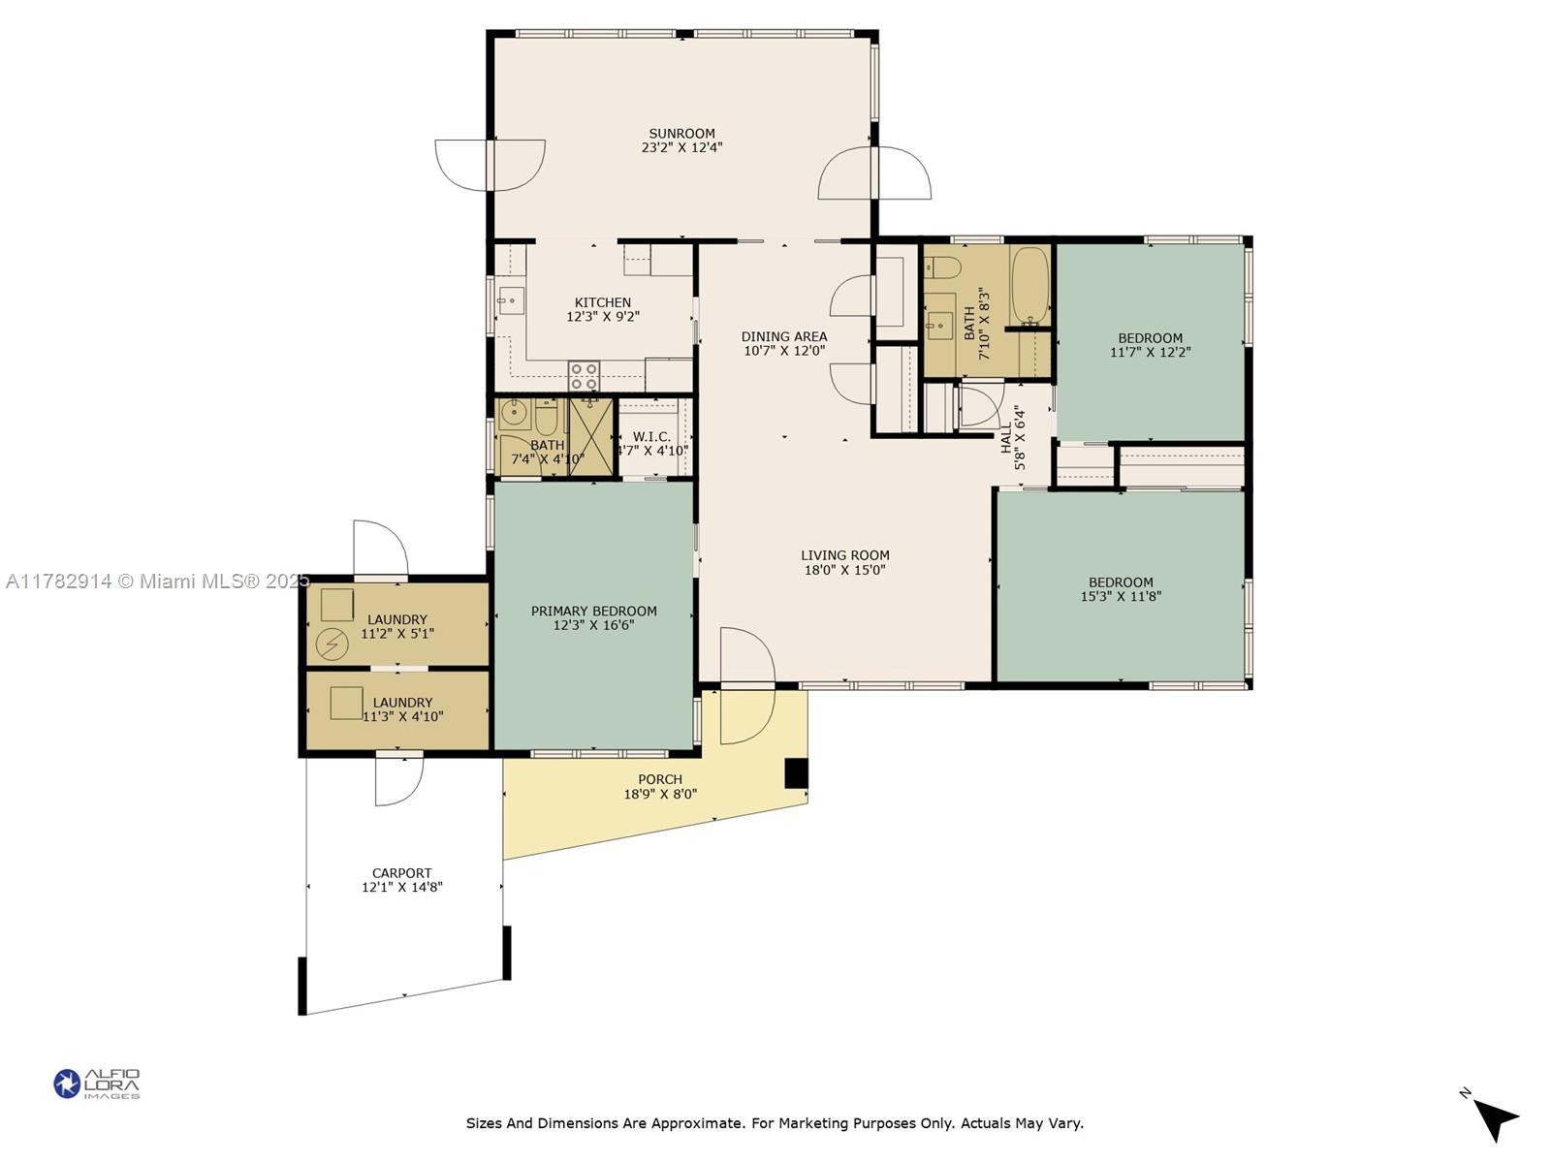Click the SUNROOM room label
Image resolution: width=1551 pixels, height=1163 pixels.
coord(681,134)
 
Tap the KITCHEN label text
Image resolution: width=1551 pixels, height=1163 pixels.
coord(603,302)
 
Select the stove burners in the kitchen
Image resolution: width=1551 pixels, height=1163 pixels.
coord(585,376)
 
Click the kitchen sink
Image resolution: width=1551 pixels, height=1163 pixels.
coord(510,300)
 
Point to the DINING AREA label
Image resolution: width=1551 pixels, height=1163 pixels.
coord(784,337)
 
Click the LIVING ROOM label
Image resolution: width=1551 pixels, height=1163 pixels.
coord(845,555)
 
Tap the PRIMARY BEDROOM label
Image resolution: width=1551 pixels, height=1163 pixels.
coord(594,611)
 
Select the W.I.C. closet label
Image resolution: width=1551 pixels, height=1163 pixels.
coord(651,437)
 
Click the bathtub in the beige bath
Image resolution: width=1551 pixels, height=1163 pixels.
coord(1029,285)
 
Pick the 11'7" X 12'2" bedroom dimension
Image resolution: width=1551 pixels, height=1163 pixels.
coord(1151,352)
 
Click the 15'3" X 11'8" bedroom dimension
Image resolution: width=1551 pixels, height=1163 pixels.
coord(1121,596)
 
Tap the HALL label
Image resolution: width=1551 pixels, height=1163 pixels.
coord(1006,438)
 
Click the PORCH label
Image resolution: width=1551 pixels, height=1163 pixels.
coord(660,779)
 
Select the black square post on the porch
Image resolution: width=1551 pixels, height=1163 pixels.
coord(797,773)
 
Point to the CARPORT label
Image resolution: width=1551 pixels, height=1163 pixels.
coord(402,873)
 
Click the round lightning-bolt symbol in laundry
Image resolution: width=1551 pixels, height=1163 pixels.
coord(332,644)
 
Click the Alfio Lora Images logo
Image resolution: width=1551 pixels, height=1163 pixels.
coord(97,1084)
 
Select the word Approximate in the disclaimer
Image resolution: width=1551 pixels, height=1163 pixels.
coord(696,1123)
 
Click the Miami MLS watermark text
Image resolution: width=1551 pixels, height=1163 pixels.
coord(158,581)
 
